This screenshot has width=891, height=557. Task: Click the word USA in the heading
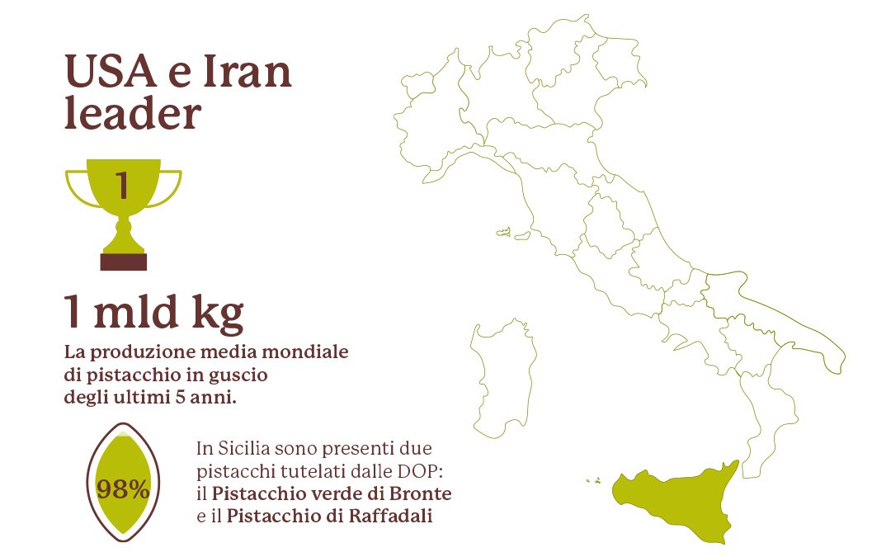point(111,73)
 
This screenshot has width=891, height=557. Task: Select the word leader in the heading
point(132,114)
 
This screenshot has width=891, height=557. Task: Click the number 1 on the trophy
point(123,185)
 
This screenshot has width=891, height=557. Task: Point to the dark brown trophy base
point(123,262)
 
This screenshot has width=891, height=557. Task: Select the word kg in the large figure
point(219,314)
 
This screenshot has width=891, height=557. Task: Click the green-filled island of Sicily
point(676,499)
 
